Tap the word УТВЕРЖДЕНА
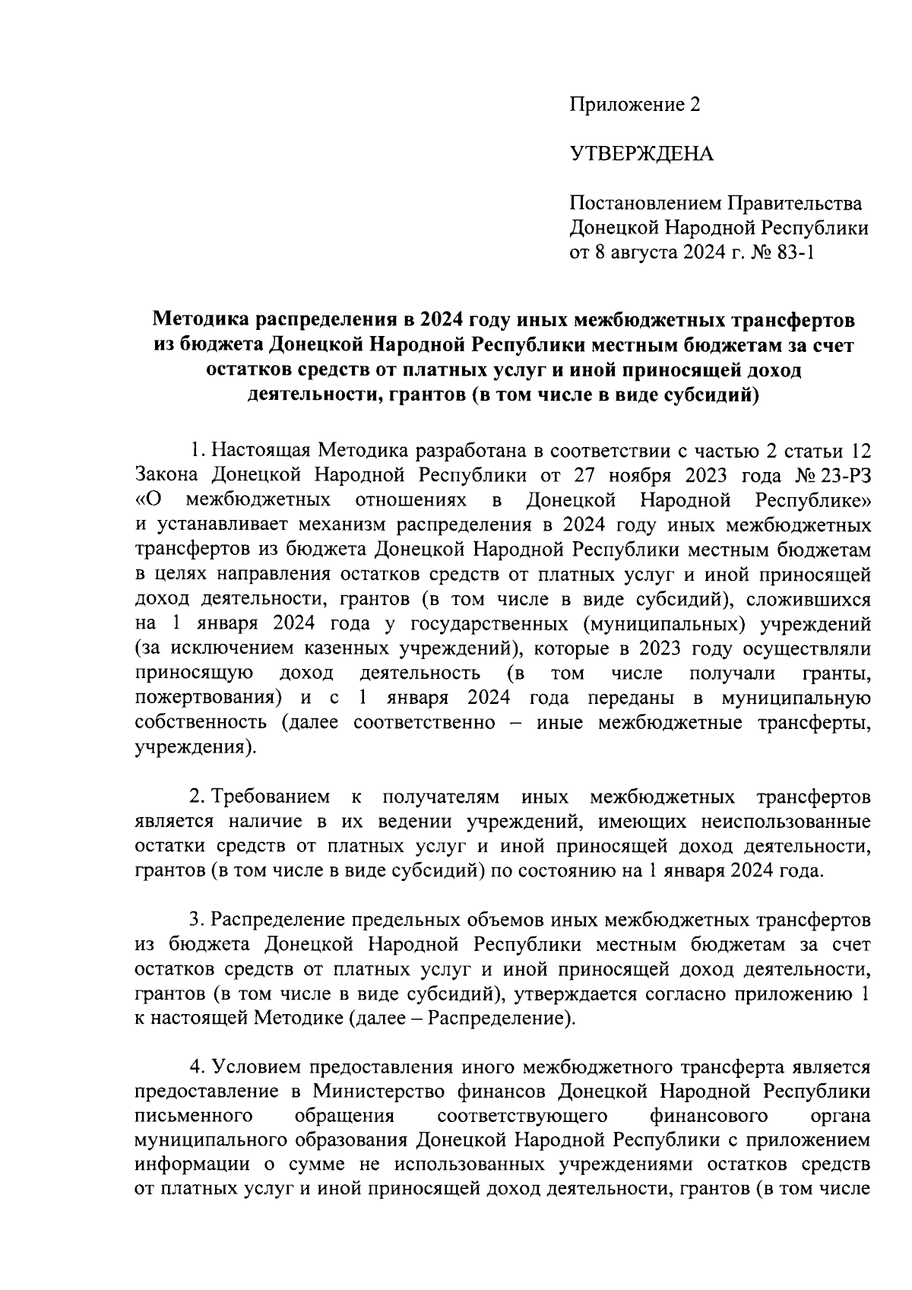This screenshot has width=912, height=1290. pyautogui.click(x=642, y=155)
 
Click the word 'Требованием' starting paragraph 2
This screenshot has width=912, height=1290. pyautogui.click(x=271, y=797)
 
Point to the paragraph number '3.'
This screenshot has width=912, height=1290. pyautogui.click(x=197, y=921)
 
